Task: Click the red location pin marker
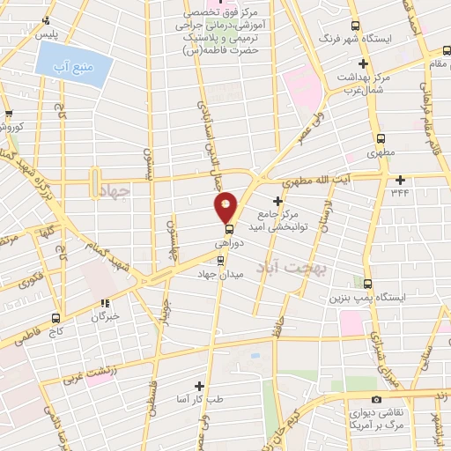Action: point(226,206)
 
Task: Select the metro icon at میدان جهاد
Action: point(220,260)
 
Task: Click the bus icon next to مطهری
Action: point(381,138)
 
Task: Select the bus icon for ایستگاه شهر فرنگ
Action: point(355,26)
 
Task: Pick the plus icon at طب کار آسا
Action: point(200,385)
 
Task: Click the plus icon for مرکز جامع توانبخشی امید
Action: point(277,201)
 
